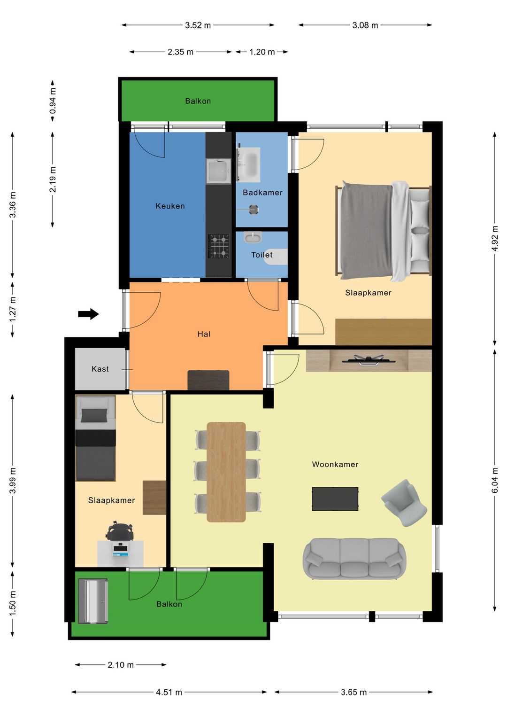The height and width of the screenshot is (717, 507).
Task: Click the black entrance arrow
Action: click(89, 314)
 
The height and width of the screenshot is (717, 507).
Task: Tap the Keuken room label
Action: click(170, 206)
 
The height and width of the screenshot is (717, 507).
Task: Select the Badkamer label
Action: click(262, 192)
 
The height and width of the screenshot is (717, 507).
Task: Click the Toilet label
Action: click(261, 255)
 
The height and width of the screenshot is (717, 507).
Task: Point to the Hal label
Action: click(204, 334)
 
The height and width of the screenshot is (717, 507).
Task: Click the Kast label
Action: click(100, 369)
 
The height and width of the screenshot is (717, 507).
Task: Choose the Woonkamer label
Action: click(335, 464)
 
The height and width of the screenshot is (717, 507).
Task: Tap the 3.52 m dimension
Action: click(198, 25)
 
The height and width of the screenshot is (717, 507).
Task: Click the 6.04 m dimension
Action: click(495, 480)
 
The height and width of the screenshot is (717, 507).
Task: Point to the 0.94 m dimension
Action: click(53, 101)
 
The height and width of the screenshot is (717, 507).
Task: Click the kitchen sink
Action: click(218, 171)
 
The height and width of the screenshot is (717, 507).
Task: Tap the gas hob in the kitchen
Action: click(219, 246)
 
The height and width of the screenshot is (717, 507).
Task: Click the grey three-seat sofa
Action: click(354, 559)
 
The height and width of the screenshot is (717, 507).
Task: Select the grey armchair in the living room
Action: click(404, 503)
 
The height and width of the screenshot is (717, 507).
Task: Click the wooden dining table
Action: click(226, 472)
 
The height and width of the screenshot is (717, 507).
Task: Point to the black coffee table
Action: click(335, 499)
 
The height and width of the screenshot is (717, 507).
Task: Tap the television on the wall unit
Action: click(369, 360)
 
